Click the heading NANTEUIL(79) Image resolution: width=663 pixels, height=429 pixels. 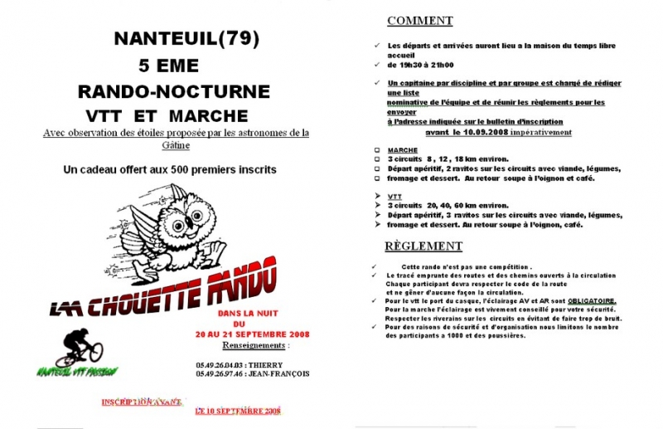(186, 38)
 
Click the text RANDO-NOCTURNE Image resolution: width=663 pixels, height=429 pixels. (173, 90)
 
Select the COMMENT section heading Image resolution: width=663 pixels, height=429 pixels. (419, 21)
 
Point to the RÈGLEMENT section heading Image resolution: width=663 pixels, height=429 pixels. (423, 246)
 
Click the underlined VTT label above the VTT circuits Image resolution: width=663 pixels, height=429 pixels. (394, 197)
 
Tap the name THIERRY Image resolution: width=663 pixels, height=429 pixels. (265, 364)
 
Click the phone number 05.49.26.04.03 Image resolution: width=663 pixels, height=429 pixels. (220, 364)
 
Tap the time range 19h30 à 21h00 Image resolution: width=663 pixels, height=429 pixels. (420, 64)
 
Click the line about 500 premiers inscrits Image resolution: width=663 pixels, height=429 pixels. (169, 169)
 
